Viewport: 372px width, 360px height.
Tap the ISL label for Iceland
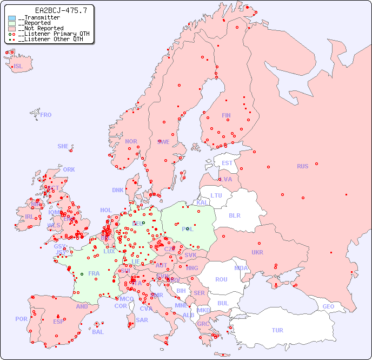click(x=18, y=66)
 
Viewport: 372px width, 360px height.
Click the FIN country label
click(x=226, y=115)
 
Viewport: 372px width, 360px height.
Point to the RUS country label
click(x=302, y=166)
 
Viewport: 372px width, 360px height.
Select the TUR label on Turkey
click(x=277, y=330)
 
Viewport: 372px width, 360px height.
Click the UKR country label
click(x=257, y=252)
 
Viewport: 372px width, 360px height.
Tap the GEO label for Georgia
click(x=328, y=306)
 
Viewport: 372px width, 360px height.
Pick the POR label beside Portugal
click(x=21, y=319)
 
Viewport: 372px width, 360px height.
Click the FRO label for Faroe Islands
click(x=46, y=115)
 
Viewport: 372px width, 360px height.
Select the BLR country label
click(x=234, y=215)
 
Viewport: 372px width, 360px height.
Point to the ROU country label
click(x=221, y=279)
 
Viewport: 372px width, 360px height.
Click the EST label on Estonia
click(x=227, y=163)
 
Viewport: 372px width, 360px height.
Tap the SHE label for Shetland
click(x=63, y=146)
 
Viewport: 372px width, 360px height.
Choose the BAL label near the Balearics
click(x=98, y=332)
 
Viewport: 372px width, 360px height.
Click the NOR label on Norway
click(x=131, y=141)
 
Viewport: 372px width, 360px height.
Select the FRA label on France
click(x=94, y=273)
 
